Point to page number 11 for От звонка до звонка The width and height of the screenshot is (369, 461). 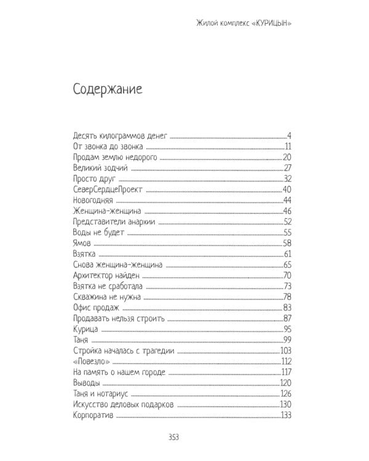pos(287,146)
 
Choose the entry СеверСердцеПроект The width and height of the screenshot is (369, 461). pos(107,190)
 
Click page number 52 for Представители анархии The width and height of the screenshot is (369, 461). pos(286,223)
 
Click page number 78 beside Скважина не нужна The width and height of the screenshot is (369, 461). pos(286,297)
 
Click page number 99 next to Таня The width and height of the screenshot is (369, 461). pos(286,340)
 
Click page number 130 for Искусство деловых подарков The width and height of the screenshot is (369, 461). pos(284,404)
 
